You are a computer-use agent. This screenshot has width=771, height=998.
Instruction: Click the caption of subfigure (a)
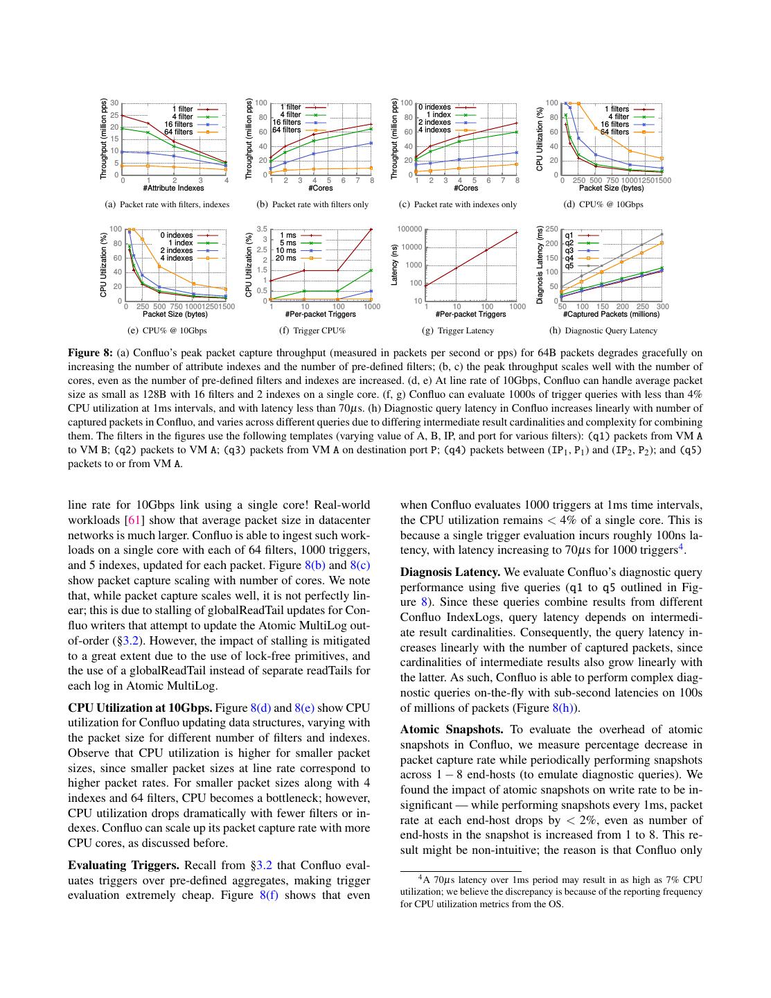(x=166, y=204)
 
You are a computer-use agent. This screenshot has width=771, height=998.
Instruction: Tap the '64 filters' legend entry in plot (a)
(x=179, y=132)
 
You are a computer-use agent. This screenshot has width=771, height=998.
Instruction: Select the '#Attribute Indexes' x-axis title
(x=174, y=188)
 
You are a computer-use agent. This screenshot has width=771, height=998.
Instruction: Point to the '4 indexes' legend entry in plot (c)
(x=434, y=130)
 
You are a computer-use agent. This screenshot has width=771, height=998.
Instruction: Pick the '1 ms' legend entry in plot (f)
(x=287, y=236)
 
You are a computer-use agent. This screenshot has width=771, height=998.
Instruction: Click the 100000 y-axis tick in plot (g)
(x=409, y=229)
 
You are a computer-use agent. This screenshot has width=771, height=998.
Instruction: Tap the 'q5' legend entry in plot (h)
(x=569, y=265)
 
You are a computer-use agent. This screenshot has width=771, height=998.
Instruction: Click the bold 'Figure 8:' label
(x=90, y=352)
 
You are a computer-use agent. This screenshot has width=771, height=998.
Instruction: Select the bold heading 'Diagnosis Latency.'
(x=450, y=572)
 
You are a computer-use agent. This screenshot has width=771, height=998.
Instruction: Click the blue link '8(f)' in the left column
(x=269, y=895)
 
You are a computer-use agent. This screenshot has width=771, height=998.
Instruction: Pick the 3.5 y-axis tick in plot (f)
(x=262, y=229)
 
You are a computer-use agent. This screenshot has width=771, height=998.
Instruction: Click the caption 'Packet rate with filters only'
(x=320, y=204)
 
